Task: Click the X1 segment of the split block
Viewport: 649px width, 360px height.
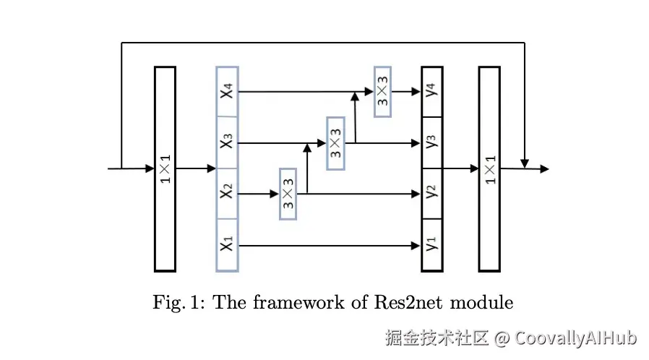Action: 227,245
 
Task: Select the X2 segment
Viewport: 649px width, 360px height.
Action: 227,194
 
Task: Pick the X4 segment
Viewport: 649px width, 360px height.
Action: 227,91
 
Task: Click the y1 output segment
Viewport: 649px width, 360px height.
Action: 432,245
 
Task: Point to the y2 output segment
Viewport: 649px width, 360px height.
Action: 432,193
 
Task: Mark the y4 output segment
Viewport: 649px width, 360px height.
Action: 432,91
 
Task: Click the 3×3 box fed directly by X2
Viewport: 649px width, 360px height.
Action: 288,194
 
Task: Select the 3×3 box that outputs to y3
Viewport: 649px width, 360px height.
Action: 335,142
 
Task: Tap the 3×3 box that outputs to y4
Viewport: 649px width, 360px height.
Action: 383,91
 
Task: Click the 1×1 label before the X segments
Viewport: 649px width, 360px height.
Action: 165,169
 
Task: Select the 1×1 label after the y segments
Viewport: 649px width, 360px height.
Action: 489,169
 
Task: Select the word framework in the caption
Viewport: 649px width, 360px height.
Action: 289,302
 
